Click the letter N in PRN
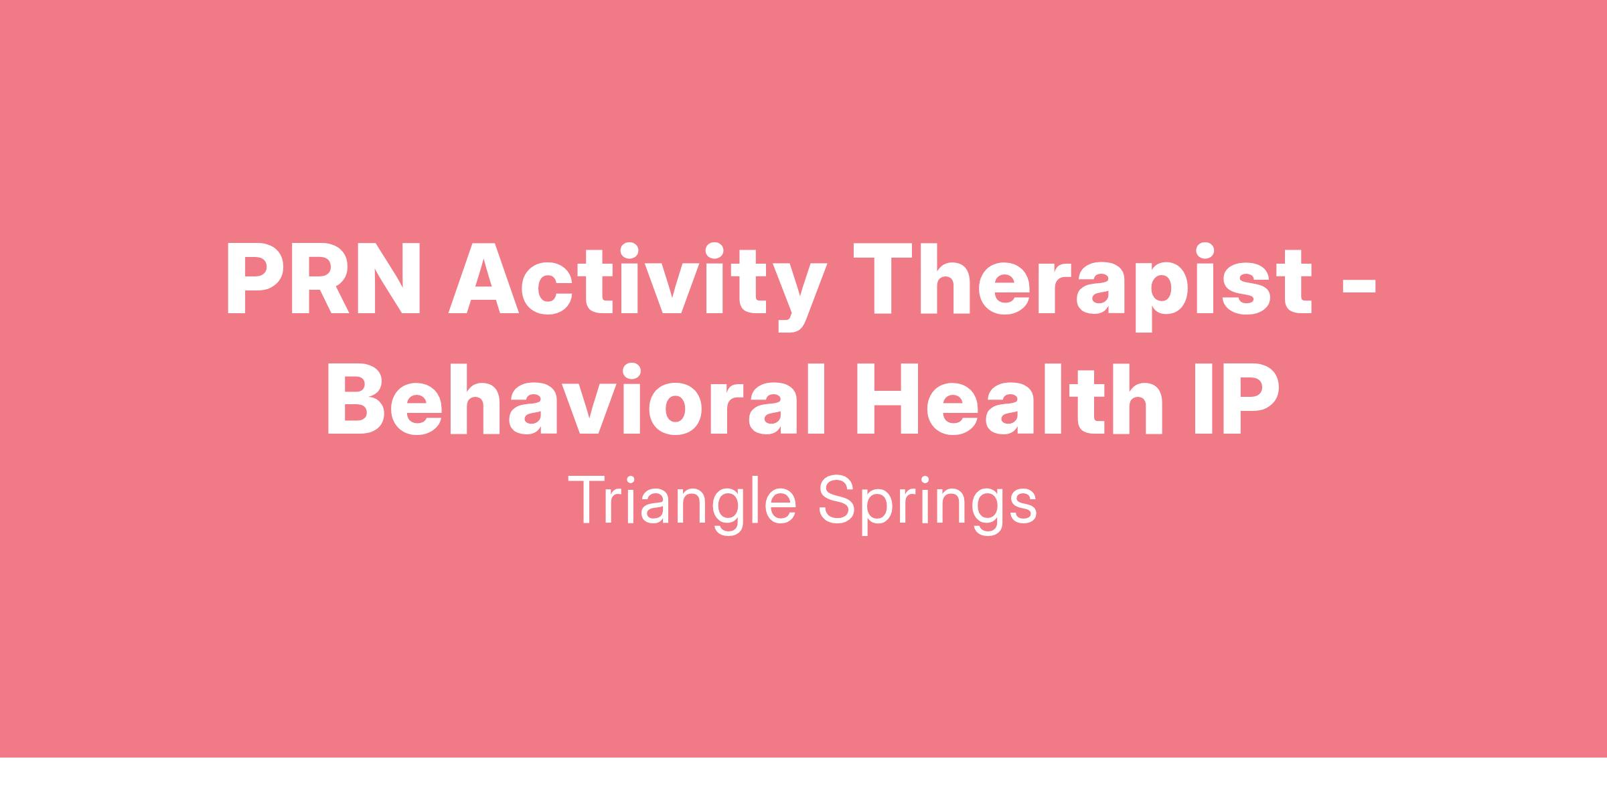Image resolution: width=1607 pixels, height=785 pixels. coord(389,278)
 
